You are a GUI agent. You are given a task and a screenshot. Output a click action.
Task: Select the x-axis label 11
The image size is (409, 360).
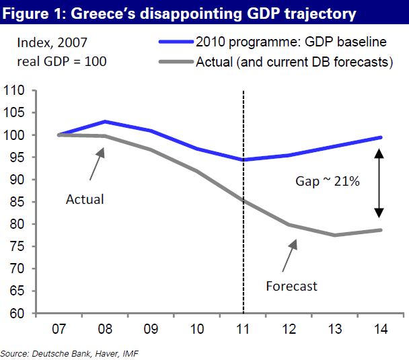[x=242, y=330]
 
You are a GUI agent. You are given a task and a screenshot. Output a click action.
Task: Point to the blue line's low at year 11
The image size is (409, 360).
[x=243, y=160]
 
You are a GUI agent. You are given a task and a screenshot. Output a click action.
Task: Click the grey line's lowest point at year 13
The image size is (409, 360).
[x=334, y=235]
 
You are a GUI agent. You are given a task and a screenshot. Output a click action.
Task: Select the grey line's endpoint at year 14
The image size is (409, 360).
[x=381, y=230]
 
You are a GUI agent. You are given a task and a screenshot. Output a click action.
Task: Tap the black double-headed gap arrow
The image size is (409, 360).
[x=379, y=183]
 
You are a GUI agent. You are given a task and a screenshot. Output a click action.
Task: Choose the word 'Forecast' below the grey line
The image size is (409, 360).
[x=291, y=286]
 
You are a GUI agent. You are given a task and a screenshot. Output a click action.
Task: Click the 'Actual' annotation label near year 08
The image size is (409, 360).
[x=85, y=199]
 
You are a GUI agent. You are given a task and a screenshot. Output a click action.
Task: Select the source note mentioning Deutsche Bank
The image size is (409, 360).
[x=71, y=353]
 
